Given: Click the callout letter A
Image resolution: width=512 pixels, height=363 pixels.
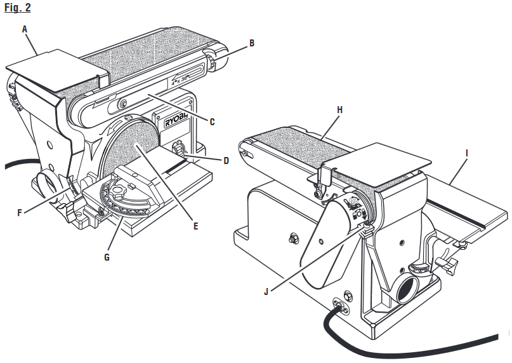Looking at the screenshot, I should tap(25, 29).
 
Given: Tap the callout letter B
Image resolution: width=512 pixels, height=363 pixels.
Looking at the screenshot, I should tap(252, 43).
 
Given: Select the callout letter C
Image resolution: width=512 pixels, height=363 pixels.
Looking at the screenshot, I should tap(212, 121).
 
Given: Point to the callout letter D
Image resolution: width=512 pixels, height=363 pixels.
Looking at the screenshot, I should tap(226, 160).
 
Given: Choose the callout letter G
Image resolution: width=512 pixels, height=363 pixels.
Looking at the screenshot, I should tap(107, 257).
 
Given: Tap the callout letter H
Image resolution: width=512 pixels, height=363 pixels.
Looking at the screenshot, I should tap(340, 109).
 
